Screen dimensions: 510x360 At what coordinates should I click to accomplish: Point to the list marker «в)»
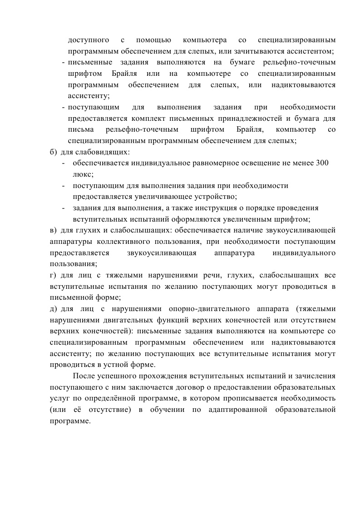click(54, 230)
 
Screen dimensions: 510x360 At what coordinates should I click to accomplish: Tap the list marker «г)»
click(53, 275)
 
